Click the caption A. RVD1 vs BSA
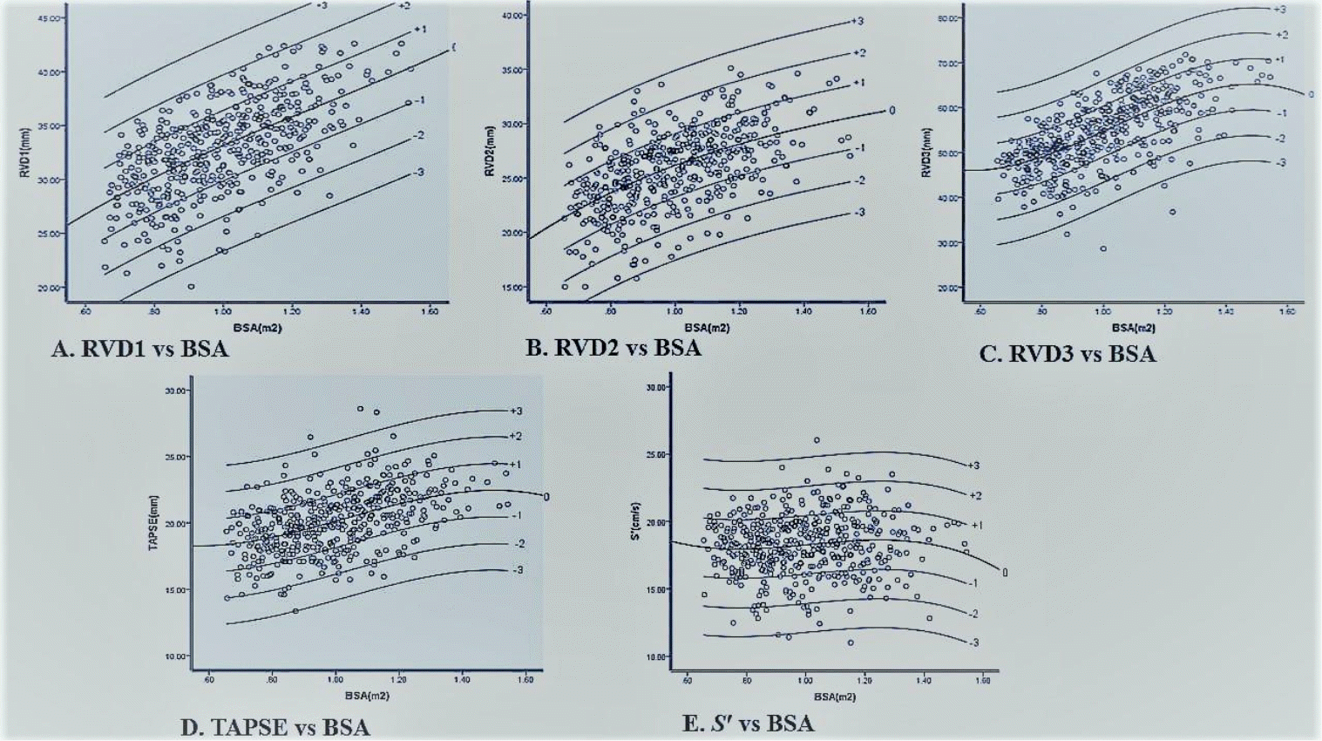point(139,350)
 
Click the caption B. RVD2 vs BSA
point(613,348)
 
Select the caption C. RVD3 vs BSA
point(1068,354)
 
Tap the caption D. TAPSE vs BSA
point(275,727)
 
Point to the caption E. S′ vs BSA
point(748,724)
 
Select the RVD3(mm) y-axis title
point(927,153)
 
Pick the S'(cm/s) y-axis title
point(636,521)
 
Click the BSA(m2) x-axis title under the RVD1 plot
point(257,329)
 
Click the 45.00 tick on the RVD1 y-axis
point(51,18)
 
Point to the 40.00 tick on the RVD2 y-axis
point(513,16)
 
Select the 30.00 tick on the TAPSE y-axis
point(175,391)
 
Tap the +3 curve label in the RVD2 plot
point(858,21)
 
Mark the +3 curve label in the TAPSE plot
point(515,411)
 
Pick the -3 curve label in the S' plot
point(973,642)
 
